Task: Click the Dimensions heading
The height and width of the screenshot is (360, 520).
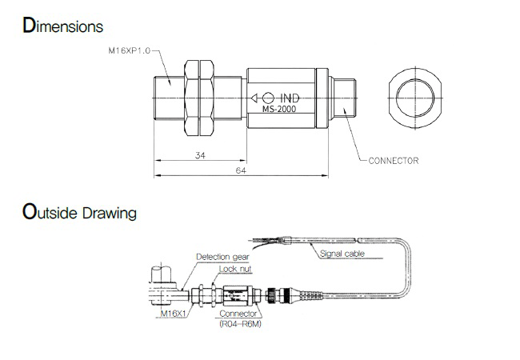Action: point(62,25)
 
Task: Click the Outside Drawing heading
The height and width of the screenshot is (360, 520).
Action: point(79,211)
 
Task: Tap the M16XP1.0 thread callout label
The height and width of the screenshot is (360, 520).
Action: point(130,50)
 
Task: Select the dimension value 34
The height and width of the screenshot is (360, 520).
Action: point(200,155)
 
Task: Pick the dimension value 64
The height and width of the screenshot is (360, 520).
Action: point(241,170)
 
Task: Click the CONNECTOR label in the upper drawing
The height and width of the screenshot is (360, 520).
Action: point(394,161)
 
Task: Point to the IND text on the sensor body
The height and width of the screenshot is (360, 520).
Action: point(290,98)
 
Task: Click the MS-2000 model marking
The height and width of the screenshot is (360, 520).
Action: point(279,109)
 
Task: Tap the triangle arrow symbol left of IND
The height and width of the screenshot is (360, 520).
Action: point(254,98)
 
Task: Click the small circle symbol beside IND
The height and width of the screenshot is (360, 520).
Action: point(268,98)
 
